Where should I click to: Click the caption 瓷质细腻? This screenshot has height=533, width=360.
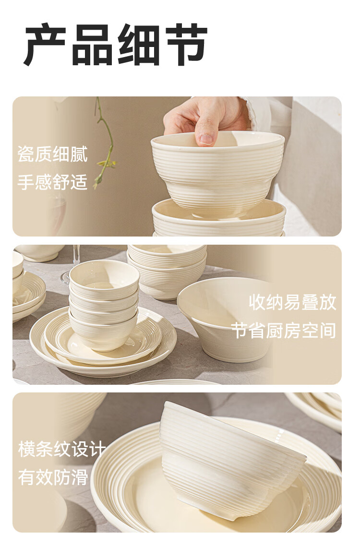(53, 154)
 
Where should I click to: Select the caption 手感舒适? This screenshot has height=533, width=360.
(53, 182)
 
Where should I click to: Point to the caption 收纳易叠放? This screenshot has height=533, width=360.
(292, 302)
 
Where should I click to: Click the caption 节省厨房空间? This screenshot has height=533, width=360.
(284, 331)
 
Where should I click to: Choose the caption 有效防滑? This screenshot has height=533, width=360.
(53, 477)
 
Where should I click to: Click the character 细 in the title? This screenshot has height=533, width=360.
(139, 44)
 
